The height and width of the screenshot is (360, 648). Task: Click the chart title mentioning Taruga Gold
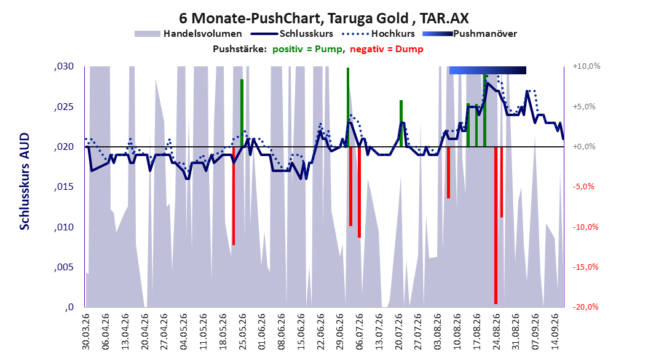(x=323, y=18)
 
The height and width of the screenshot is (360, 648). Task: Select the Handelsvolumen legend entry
(x=188, y=34)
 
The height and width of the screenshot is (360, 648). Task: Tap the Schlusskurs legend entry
(x=292, y=34)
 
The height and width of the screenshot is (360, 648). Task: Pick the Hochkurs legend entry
(x=379, y=34)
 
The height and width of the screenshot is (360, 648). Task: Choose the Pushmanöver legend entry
(x=470, y=34)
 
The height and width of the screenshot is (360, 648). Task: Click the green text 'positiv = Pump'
(x=307, y=49)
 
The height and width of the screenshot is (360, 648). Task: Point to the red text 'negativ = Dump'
(x=387, y=49)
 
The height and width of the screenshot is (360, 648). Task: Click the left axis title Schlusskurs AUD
(x=25, y=181)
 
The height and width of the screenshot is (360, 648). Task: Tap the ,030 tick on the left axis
(x=64, y=66)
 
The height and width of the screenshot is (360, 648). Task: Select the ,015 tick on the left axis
(x=64, y=187)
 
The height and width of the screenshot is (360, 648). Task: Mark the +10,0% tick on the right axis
(x=587, y=66)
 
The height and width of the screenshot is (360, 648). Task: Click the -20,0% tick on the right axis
(x=585, y=307)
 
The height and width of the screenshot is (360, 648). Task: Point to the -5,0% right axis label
(x=583, y=187)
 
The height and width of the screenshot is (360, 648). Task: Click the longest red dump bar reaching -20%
(x=496, y=225)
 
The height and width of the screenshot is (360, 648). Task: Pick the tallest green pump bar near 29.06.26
(x=348, y=107)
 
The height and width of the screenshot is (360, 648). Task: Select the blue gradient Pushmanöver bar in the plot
(x=488, y=71)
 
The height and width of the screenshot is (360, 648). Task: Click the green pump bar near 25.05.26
(x=242, y=112)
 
